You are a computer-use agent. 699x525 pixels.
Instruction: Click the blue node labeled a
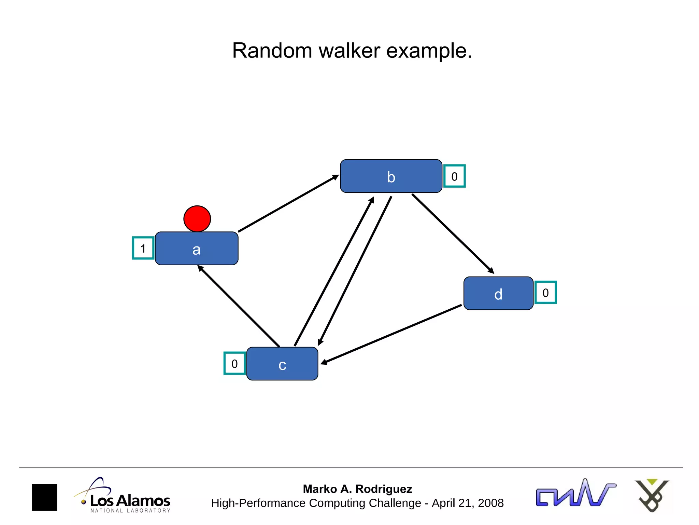[197, 248]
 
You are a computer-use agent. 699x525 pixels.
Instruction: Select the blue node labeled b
[391, 176]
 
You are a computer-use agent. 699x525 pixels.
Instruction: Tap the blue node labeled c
[282, 364]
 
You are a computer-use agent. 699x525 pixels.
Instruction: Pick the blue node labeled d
[498, 293]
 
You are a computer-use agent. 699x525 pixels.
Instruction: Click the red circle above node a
[197, 219]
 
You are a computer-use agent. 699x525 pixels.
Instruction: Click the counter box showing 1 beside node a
[143, 248]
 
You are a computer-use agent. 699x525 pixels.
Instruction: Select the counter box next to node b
[454, 176]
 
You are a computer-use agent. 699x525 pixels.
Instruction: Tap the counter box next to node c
[234, 363]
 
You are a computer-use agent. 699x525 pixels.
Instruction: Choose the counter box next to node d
[545, 293]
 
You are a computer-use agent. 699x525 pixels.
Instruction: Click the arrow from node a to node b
[288, 204]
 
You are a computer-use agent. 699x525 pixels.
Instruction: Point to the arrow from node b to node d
[453, 234]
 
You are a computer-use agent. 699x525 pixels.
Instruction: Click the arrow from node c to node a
[239, 306]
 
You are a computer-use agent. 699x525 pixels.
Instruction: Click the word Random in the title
[272, 51]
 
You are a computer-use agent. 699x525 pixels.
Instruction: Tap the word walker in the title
[349, 51]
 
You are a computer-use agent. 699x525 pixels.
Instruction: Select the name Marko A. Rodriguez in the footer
[357, 489]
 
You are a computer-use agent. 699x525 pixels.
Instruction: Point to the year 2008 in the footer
[490, 503]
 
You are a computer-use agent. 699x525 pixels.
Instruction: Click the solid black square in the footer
[45, 497]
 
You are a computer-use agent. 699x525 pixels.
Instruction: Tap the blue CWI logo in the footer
[575, 494]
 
